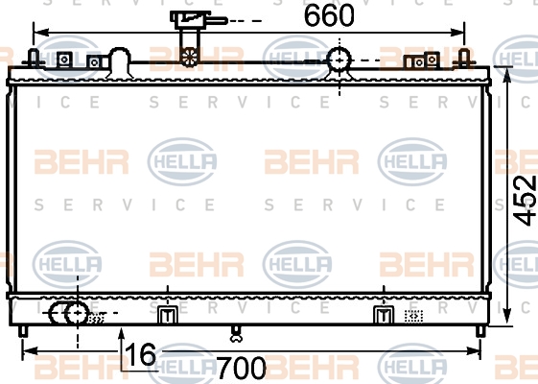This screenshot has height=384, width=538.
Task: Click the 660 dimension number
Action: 329,15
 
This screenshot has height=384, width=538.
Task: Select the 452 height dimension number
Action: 525,201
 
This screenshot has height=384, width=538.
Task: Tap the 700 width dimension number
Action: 242,368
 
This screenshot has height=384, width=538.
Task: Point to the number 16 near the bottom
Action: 140,354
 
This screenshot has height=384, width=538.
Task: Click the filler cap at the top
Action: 190,19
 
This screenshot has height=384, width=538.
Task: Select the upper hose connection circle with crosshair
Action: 339,60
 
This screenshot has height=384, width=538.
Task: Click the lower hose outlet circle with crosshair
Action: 78,313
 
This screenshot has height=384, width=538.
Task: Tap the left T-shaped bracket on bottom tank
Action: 168,315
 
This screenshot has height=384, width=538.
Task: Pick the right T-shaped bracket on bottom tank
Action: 384,315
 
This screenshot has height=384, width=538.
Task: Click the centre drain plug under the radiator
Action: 236,334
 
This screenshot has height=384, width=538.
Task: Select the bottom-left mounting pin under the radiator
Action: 23,331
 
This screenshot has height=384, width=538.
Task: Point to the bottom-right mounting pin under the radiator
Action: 480,331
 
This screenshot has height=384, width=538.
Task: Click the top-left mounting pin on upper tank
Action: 34,59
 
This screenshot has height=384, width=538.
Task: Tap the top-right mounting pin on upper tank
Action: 464,59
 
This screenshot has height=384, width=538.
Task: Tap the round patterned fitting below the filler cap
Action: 190,57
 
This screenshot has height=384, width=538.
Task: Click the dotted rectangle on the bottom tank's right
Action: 413,316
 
